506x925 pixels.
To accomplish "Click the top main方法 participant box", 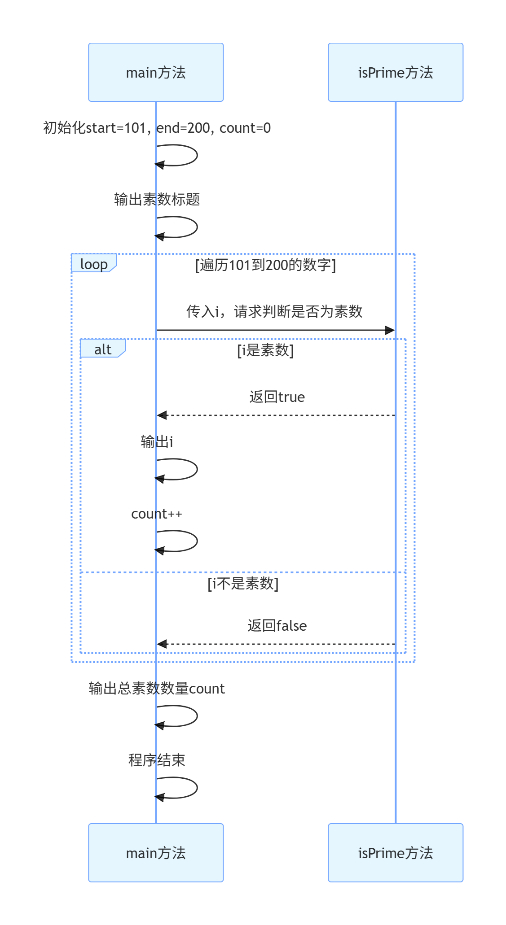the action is [x=156, y=72].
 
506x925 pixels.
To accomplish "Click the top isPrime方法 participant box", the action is [x=396, y=72].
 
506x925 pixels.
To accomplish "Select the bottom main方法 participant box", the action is [x=156, y=853].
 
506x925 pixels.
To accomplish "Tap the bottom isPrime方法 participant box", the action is [x=396, y=853].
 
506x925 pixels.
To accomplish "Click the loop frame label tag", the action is [x=94, y=263].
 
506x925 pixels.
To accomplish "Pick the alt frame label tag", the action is [x=103, y=349].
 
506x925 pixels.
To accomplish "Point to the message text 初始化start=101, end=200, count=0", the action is [x=157, y=128].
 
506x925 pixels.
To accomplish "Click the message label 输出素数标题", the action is [x=157, y=199].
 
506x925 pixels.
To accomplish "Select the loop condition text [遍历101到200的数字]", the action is [x=265, y=265].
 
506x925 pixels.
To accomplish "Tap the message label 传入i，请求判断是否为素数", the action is [x=274, y=311].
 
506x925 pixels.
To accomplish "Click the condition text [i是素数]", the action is [x=265, y=350].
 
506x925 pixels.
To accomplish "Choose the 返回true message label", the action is [x=277, y=397].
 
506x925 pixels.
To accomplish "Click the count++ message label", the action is [x=157, y=514].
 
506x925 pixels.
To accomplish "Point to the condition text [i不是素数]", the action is [x=243, y=584].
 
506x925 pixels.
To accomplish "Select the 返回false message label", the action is [x=277, y=626].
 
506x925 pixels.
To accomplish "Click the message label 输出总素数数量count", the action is [x=157, y=688].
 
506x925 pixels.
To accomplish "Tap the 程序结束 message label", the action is [x=157, y=760].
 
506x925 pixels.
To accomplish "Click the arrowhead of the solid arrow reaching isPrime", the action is [x=391, y=330].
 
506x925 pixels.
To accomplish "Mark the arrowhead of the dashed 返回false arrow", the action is [x=162, y=644].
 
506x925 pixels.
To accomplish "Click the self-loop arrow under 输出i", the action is [x=177, y=469].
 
